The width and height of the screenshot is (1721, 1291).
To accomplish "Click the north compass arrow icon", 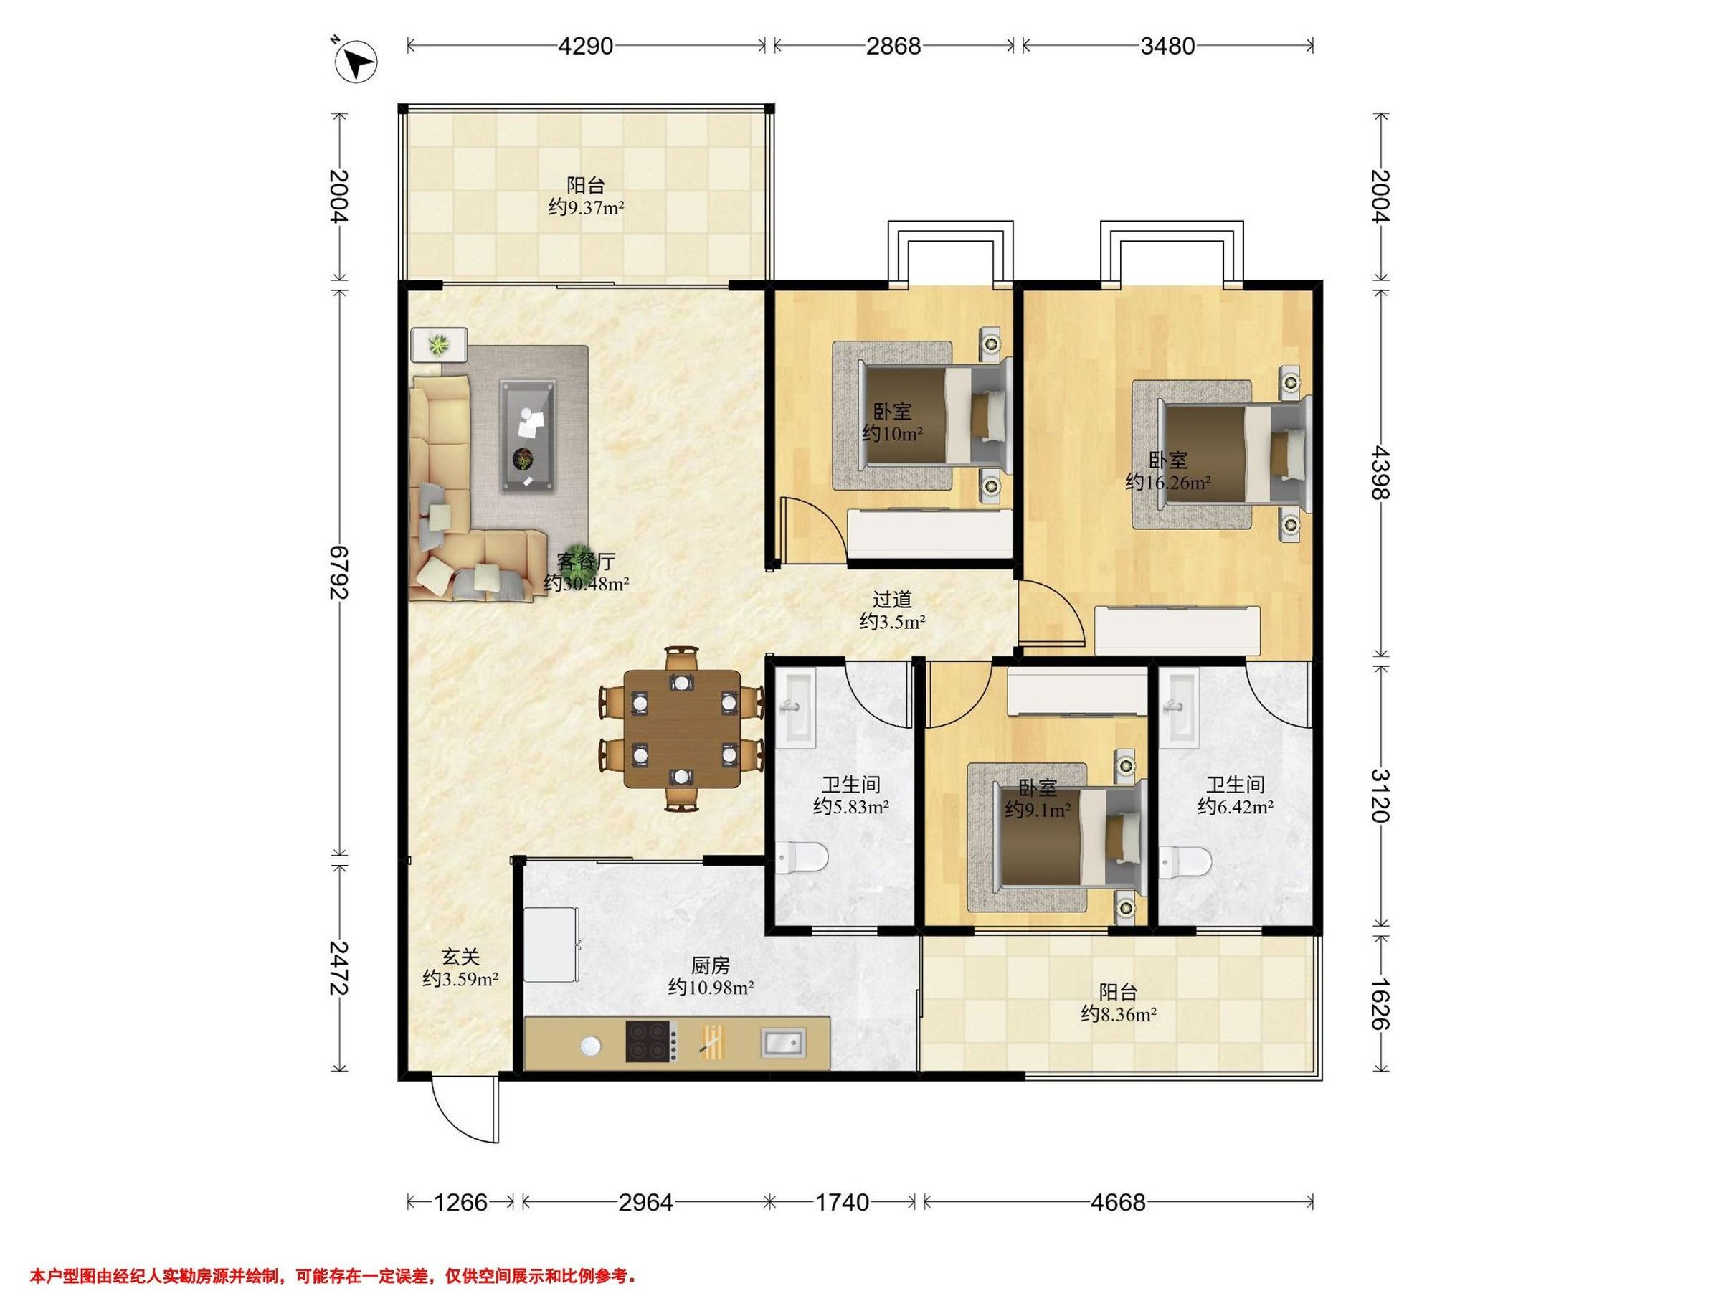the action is coord(356,60).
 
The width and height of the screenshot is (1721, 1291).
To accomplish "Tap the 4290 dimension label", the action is coord(586,46).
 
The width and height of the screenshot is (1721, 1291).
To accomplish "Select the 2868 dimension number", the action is coord(893,46).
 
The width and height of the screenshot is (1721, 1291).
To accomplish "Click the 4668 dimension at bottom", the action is coord(1117,1203).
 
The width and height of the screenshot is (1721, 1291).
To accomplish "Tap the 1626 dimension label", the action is coord(1380,1004).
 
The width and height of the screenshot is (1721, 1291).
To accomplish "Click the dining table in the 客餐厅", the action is coord(683,729).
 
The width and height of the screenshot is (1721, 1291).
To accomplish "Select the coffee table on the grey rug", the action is coord(529,436).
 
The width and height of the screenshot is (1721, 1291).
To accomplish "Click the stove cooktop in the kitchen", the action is coord(651,1041).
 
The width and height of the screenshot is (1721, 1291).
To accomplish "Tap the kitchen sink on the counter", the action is coord(784,1042).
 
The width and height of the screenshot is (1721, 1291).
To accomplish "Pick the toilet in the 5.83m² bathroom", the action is coord(802,859).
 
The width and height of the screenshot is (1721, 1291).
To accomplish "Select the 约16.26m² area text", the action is coord(1168,483).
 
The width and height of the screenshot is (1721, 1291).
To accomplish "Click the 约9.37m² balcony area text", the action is coord(586,208).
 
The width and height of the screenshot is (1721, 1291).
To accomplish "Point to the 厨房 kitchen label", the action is coord(711,965).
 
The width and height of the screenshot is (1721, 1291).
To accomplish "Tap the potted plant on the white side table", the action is coord(440,343).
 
